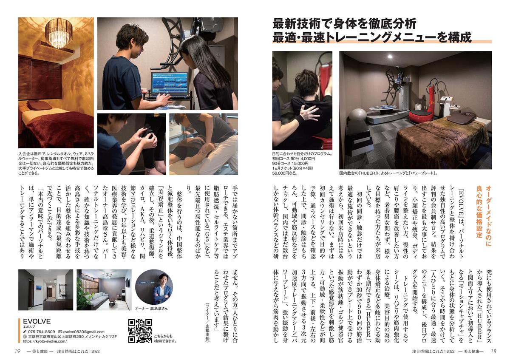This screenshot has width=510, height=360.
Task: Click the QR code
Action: [x=140, y=331]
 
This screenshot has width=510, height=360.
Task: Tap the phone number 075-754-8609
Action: [x=41, y=332]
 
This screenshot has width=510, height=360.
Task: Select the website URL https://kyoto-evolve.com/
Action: [x=45, y=341]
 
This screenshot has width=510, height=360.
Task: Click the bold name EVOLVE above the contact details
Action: [x=37, y=321]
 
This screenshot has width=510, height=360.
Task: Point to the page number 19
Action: [x=17, y=351]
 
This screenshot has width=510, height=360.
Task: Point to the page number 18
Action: [x=493, y=351]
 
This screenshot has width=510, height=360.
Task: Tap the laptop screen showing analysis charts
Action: [x=170, y=83]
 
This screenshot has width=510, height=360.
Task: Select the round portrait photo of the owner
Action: [x=154, y=287]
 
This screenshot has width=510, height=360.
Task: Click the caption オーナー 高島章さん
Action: [x=151, y=308]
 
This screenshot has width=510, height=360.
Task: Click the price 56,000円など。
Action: [x=285, y=173]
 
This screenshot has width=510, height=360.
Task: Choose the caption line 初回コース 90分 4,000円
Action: [x=294, y=159]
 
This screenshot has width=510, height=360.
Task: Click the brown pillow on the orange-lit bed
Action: [x=37, y=104]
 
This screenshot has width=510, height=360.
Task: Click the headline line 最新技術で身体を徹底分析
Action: [x=344, y=24]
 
